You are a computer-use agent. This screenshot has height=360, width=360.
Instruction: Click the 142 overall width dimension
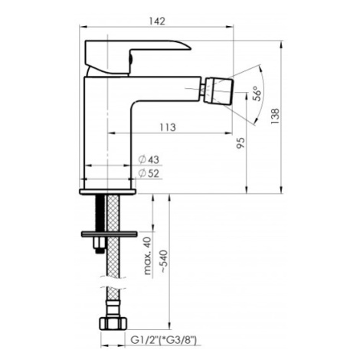pos(158,21)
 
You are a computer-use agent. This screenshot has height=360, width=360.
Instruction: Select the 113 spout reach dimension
pos(168,127)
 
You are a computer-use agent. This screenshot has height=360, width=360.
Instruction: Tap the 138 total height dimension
pos(275,116)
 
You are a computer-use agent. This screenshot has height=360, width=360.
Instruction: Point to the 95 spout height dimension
pos(241,143)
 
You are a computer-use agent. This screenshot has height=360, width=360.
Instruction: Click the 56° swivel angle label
pos(258,93)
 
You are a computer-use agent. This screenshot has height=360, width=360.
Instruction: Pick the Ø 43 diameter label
pos(149,160)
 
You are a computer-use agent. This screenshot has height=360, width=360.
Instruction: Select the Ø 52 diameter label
pos(149,173)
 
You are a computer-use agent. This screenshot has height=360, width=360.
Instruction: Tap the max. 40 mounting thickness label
pos(147,255)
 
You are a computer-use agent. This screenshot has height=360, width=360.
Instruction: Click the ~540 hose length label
pos(164,262)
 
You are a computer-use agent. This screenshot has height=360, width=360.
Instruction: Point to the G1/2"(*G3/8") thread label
pos(164,340)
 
